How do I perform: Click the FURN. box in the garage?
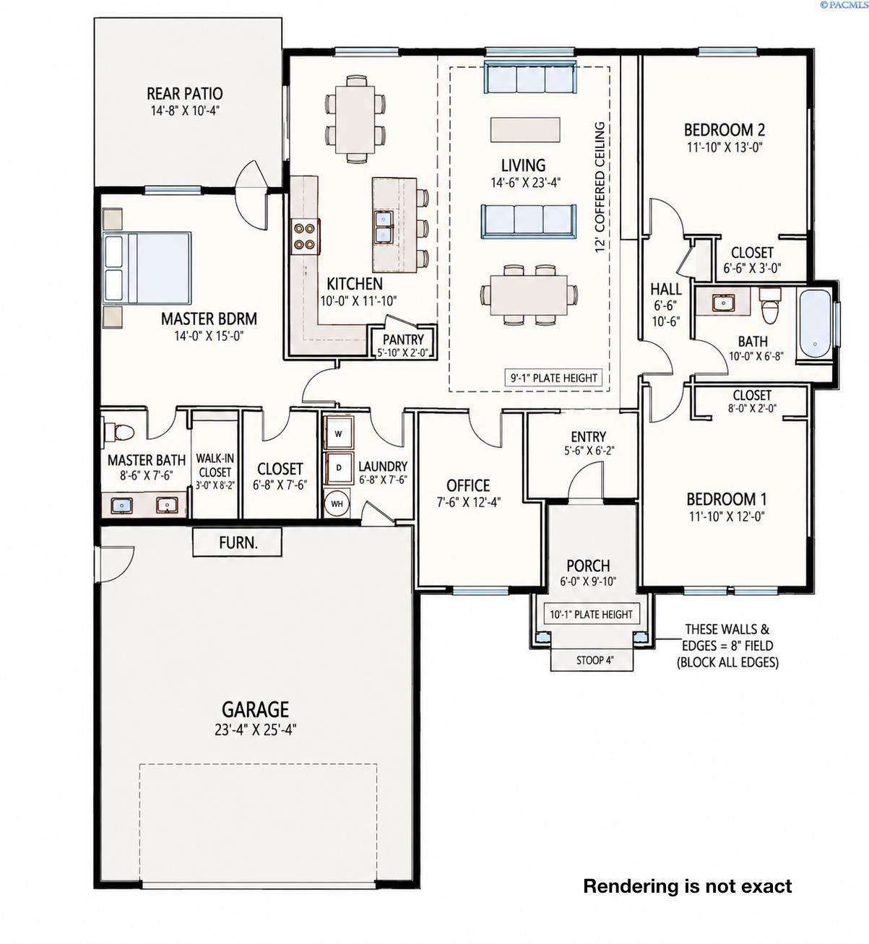[237, 542]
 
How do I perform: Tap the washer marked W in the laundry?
[338, 434]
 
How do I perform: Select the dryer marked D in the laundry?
[338, 467]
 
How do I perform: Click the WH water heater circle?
[337, 503]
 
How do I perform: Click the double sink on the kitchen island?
[384, 227]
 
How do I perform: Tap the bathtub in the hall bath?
[815, 324]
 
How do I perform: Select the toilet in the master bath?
[119, 431]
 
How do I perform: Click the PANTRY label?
[403, 339]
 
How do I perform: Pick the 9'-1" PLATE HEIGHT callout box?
[553, 378]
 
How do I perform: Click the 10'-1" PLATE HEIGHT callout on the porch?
[592, 614]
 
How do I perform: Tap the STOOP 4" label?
[595, 660]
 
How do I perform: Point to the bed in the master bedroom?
[147, 268]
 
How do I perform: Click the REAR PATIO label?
[184, 94]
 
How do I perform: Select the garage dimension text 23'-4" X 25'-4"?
[255, 730]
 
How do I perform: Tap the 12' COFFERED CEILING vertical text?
[600, 187]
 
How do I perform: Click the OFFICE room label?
[468, 485]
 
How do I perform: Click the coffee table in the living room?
[525, 129]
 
